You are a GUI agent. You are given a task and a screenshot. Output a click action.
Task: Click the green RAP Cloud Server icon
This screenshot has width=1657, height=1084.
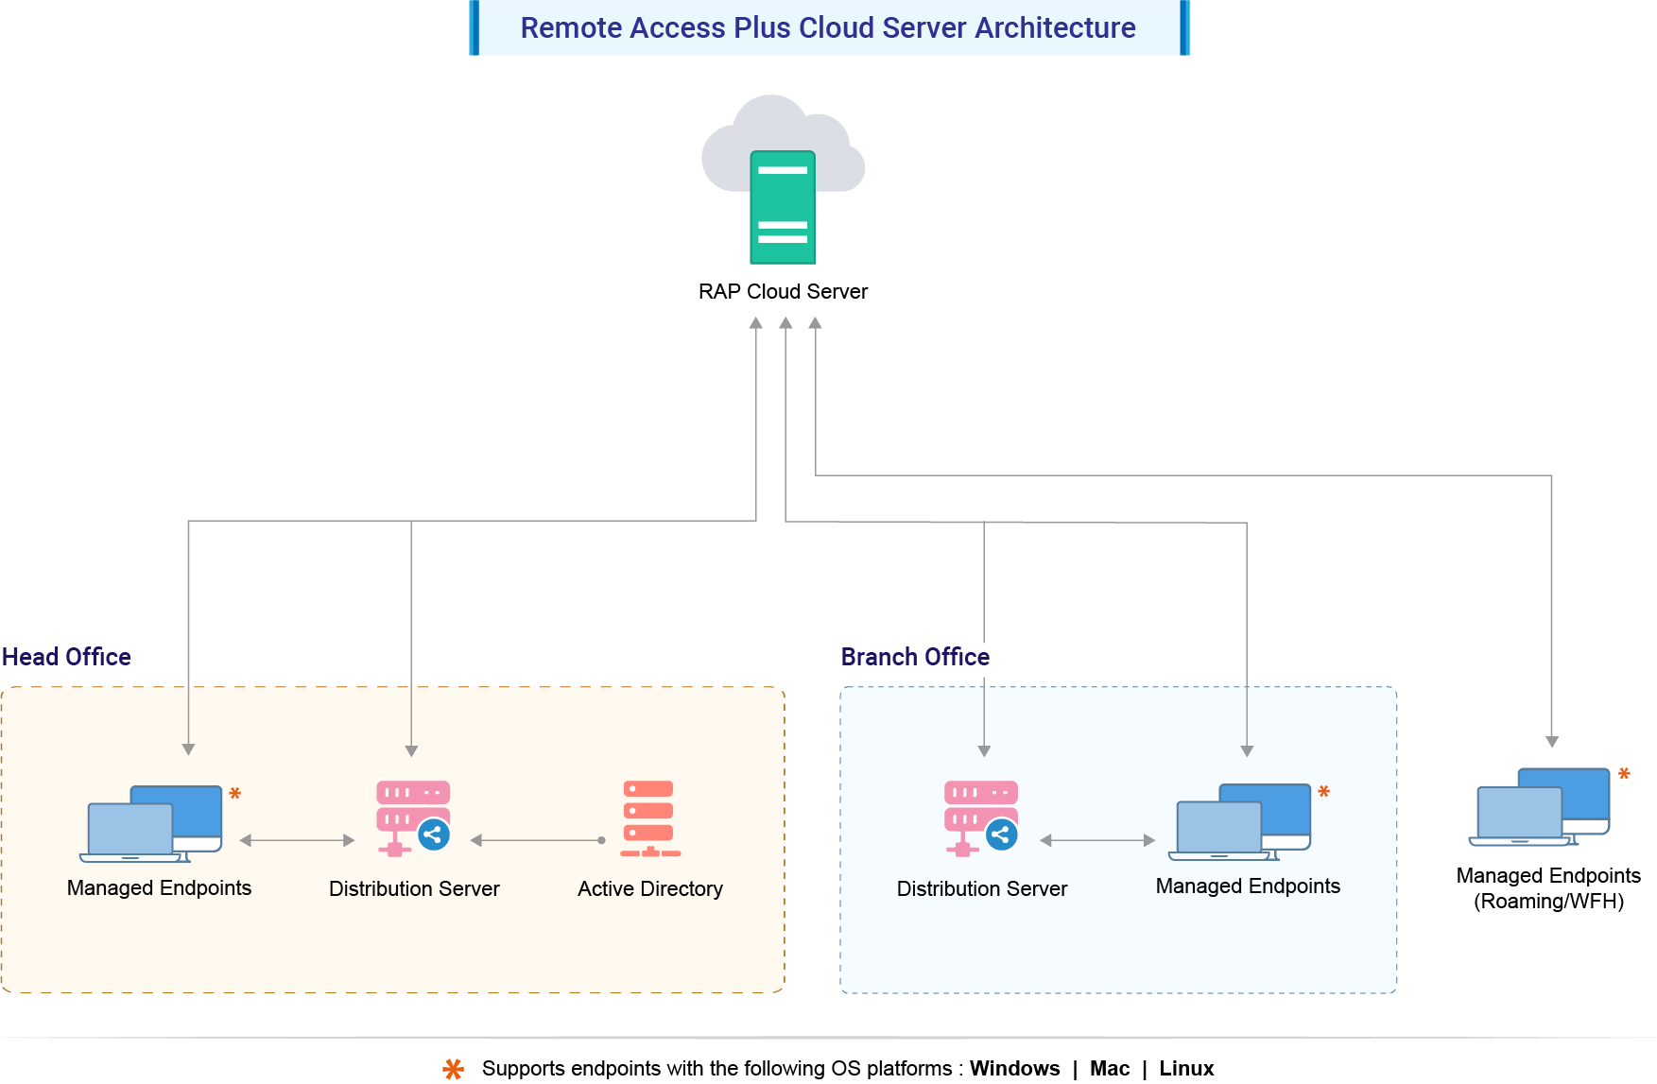tap(783, 207)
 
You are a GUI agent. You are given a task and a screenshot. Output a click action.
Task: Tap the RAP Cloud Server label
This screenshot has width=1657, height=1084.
tap(783, 291)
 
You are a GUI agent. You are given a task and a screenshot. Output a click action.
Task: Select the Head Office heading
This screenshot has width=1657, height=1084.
tap(66, 657)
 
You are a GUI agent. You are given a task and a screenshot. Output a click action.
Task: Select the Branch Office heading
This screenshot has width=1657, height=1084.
tap(915, 657)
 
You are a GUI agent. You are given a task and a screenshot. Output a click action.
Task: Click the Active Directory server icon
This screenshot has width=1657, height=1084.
tap(649, 818)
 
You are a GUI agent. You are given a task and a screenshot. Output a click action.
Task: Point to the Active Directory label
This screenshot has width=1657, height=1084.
tap(650, 888)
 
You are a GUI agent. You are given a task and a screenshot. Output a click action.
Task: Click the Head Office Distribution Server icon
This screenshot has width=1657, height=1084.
tap(413, 818)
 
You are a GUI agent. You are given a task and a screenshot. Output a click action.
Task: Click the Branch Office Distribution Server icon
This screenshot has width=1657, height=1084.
tap(981, 818)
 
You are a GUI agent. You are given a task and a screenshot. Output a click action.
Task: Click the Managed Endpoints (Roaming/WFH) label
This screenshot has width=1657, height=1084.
tap(1548, 888)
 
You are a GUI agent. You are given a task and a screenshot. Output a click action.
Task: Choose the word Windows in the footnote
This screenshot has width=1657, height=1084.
tap(1014, 1068)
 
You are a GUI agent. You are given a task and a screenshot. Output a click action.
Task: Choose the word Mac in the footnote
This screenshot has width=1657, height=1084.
tap(1110, 1068)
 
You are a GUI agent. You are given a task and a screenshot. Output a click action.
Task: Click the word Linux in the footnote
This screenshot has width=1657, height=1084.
tap(1186, 1068)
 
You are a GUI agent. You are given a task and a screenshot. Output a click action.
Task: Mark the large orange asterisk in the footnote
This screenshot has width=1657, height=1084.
tap(454, 1069)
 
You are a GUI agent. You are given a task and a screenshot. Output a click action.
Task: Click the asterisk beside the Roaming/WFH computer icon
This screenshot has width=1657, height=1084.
tap(1624, 774)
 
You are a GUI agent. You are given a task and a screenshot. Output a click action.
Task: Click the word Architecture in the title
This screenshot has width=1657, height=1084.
tap(1055, 27)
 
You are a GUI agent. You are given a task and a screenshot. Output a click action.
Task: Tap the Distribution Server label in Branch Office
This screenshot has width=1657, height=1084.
tap(981, 888)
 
